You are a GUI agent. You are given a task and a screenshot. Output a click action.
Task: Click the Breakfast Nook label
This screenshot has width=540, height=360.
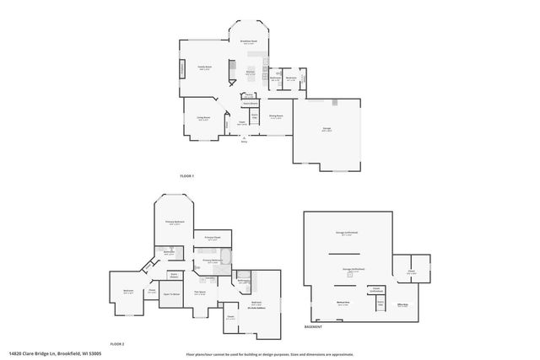[x=248, y=41]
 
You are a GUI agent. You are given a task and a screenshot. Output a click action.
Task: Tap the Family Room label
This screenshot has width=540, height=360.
[x=204, y=67]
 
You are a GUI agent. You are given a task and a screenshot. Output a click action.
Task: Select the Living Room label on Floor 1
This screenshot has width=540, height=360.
[x=203, y=118]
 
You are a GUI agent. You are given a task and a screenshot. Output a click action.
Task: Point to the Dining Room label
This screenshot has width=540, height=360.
[x=275, y=116]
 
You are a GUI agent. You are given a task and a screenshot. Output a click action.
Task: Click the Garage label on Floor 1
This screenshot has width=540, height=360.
[x=326, y=129]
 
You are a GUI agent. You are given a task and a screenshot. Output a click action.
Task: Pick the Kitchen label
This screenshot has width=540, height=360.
[x=250, y=73]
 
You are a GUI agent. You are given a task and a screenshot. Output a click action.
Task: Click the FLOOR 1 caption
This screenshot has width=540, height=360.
[x=186, y=175]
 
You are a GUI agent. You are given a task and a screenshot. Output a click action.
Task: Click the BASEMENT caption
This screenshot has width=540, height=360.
[x=313, y=327]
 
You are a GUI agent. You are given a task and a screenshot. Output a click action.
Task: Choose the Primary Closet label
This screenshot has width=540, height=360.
[x=213, y=239]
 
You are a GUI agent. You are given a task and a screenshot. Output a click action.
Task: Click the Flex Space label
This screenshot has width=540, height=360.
[x=201, y=292]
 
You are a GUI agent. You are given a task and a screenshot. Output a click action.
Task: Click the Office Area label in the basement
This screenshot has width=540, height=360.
[x=402, y=304]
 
